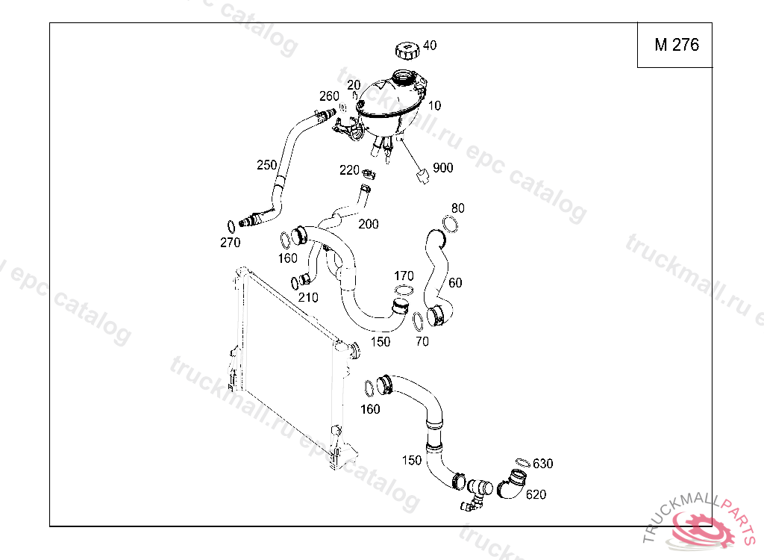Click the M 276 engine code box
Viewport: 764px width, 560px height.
tap(676, 45)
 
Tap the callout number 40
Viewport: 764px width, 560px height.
tap(430, 46)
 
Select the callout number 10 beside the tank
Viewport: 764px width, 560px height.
tap(434, 106)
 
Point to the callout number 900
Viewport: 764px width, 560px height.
tap(442, 168)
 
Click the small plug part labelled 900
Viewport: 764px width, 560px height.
tap(422, 175)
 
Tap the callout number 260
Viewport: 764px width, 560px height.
tap(329, 96)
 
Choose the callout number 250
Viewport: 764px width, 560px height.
tap(266, 165)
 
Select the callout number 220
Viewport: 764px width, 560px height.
tap(349, 170)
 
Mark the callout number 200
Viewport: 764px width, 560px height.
tap(368, 223)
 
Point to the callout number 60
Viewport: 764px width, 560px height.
tap(455, 282)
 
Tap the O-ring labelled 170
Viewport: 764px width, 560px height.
tap(403, 291)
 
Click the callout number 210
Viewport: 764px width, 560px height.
tap(308, 297)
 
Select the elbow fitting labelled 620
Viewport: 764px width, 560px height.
tap(511, 482)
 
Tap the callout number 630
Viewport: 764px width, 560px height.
tap(542, 464)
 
